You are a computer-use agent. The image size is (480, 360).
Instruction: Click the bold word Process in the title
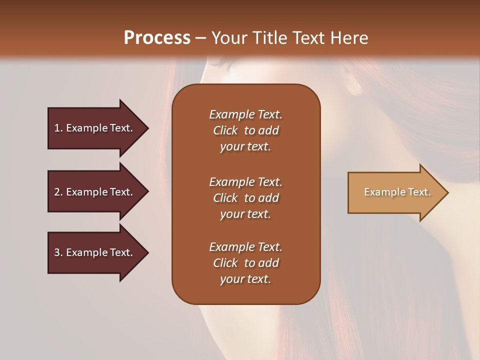pyautogui.click(x=157, y=38)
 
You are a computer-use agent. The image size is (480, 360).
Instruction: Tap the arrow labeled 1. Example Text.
pyautogui.click(x=95, y=128)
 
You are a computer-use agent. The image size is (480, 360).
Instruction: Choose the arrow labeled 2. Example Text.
pyautogui.click(x=95, y=192)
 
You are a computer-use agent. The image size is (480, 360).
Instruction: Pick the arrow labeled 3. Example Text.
pyautogui.click(x=95, y=252)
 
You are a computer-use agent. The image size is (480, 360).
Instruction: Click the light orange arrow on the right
pyautogui.click(x=395, y=192)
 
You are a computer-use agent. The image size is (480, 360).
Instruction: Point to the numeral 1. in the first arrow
pyautogui.click(x=58, y=128)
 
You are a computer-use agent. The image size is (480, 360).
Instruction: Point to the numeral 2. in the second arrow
pyautogui.click(x=58, y=192)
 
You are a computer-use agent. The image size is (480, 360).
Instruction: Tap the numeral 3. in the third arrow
pyautogui.click(x=58, y=252)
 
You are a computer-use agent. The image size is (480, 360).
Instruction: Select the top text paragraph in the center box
pyautogui.click(x=245, y=130)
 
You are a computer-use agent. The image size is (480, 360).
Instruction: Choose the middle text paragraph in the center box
pyautogui.click(x=245, y=198)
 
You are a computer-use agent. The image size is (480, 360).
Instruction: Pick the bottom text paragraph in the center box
pyautogui.click(x=245, y=263)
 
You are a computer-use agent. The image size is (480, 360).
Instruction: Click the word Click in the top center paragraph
pyautogui.click(x=225, y=130)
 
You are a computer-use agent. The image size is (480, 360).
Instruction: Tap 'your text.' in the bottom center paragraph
pyautogui.click(x=245, y=279)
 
